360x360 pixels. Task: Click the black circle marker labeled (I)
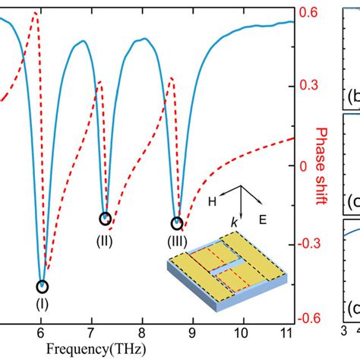point(42,286)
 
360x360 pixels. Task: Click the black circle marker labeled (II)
point(105,219)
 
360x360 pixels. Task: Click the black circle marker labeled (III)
point(177,223)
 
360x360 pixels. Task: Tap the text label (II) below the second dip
point(105,241)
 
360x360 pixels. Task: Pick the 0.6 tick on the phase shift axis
point(308,13)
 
